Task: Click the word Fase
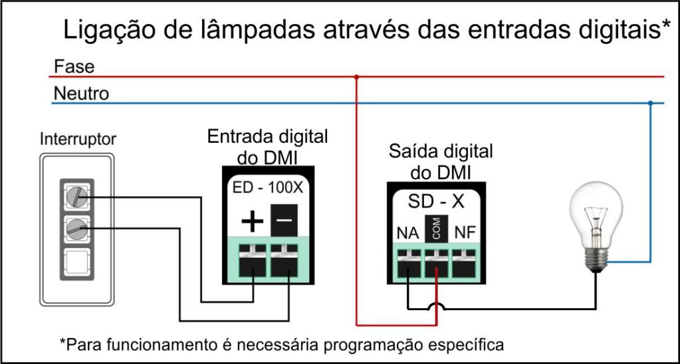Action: (74, 67)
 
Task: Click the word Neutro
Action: (81, 94)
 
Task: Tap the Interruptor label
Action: (78, 140)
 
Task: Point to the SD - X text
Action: (436, 201)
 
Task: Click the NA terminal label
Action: (406, 233)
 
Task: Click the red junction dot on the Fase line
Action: (357, 77)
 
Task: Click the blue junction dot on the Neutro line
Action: (651, 103)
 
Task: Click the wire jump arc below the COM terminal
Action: (436, 306)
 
